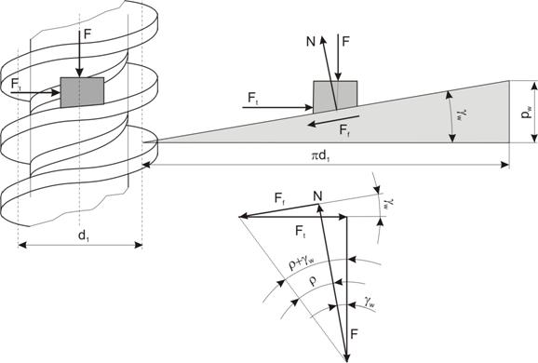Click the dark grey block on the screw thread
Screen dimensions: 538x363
click(x=82, y=92)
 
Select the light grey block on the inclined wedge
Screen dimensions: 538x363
click(x=335, y=96)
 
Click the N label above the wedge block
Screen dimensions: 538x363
click(x=311, y=42)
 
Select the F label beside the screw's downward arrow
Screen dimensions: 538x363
click(x=88, y=34)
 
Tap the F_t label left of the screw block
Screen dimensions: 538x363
click(x=16, y=85)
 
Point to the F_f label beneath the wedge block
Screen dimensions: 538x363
click(x=345, y=130)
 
